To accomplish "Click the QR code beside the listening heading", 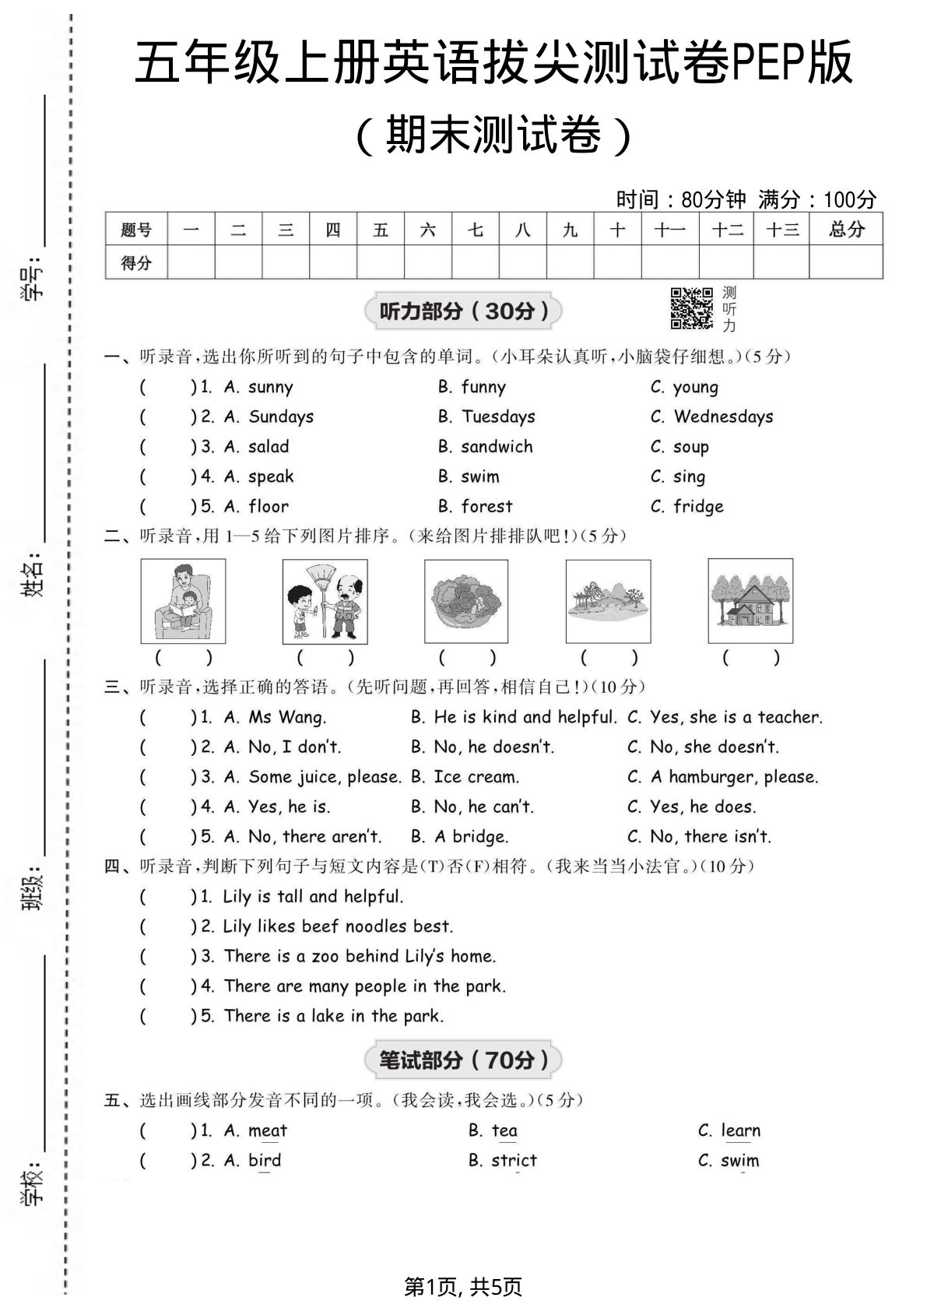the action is [x=691, y=308].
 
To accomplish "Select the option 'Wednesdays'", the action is [x=723, y=417].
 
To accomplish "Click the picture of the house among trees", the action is [x=750, y=600].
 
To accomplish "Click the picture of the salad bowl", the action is [x=466, y=600].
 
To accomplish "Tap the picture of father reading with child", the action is [x=183, y=600].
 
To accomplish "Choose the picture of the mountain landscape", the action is [x=608, y=600].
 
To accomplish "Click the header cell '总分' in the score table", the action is [x=846, y=230].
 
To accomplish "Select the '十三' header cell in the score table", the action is [x=781, y=230].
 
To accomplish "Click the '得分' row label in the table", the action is [x=136, y=262].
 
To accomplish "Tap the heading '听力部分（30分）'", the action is [x=464, y=311].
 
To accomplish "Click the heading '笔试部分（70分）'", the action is [x=464, y=1060].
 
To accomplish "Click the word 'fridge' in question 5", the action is [x=698, y=507].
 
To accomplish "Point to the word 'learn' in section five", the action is [x=740, y=1130].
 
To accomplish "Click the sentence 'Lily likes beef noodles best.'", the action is [x=338, y=926].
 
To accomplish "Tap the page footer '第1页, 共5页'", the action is [x=463, y=1287].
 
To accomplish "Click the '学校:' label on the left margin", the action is [x=33, y=1185].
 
